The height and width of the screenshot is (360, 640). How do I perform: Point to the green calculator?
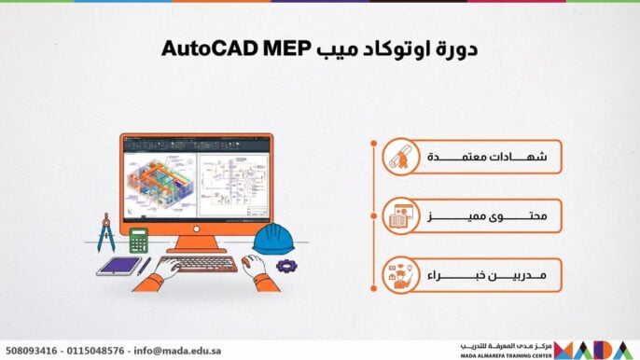[139, 241]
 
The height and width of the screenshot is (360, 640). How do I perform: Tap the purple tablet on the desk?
[118, 266]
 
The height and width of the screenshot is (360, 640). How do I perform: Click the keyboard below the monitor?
[196, 264]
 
